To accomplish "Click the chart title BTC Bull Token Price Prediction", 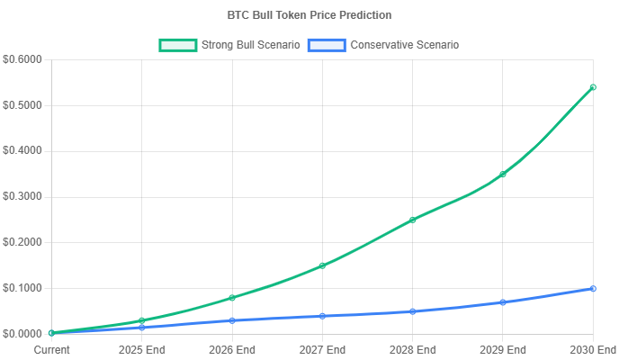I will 309,15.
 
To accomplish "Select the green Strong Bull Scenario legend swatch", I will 177,45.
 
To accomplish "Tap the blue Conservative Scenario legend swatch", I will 326,45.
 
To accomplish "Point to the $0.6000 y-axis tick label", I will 22,59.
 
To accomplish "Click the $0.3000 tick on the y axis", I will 22,196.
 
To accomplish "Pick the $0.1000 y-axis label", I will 22,288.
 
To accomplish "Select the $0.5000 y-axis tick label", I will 22,105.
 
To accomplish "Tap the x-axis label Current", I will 51,349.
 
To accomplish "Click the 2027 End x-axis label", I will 322,349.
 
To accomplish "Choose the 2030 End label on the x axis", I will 592,349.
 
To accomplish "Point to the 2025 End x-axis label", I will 142,349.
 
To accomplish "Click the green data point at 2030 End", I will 593,87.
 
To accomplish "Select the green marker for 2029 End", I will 503,174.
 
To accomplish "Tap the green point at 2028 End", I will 412,220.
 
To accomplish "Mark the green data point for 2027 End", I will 322,265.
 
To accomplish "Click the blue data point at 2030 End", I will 593,289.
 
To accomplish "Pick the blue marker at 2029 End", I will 503,302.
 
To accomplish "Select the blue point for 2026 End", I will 232,320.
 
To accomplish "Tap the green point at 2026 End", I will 232,298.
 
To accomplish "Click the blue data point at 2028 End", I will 412,311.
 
